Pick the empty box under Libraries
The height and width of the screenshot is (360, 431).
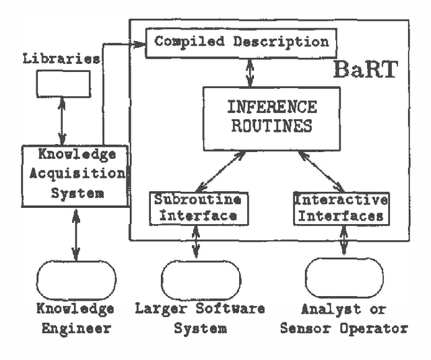click(63, 83)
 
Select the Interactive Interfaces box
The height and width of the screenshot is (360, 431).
click(341, 208)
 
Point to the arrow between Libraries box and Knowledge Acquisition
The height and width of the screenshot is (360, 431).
click(63, 121)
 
